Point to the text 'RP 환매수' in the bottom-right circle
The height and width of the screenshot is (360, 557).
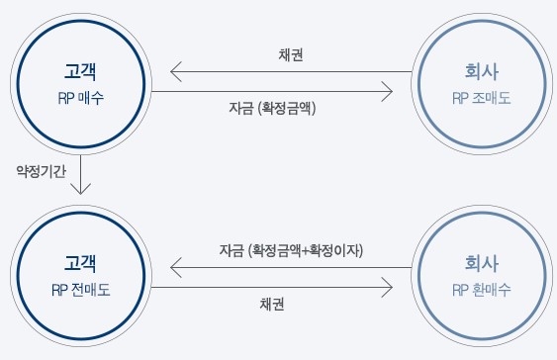[x=480, y=291]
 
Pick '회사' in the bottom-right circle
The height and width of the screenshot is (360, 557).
[x=480, y=264]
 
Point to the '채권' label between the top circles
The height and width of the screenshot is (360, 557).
[x=291, y=54]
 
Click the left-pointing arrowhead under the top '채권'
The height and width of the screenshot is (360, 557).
[x=175, y=72]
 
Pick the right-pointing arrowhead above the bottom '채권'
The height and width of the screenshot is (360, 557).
[x=389, y=287]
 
